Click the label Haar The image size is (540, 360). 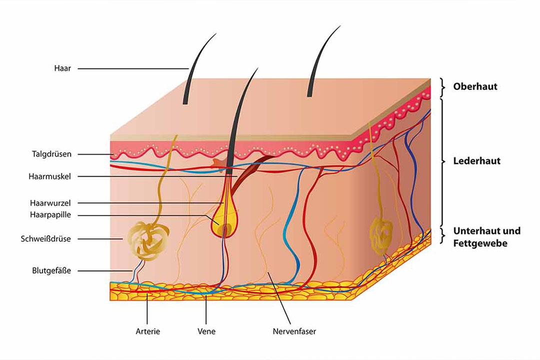pos(62,68)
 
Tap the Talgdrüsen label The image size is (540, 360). pos(51,154)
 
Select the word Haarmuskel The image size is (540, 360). pos(49,176)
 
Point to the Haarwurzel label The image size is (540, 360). pos(50,203)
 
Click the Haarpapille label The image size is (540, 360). pos(50,215)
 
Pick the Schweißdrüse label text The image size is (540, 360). pos(46,238)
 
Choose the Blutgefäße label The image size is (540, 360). pos(51,270)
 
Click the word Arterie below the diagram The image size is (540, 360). pos(147,331)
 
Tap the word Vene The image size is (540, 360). pos(206,331)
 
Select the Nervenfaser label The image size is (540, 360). pos(294,331)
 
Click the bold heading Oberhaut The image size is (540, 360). pos(475,86)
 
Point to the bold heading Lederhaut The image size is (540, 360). pos(476,161)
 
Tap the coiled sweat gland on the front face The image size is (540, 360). pos(148,240)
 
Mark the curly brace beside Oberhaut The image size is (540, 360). pos(443,87)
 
